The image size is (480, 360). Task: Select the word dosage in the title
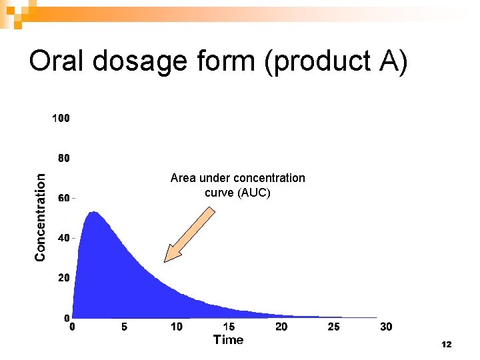click(141, 62)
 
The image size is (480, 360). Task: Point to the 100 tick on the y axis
click(61, 119)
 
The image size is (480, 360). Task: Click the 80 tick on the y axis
click(63, 159)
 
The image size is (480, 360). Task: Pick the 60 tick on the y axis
click(63, 198)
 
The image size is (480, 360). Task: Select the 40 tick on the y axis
click(63, 238)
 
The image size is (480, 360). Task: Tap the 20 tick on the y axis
click(63, 278)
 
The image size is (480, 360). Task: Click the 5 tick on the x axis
click(125, 327)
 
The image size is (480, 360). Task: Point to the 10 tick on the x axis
click(177, 327)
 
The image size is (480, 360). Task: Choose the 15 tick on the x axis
click(229, 327)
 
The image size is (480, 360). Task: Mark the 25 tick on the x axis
click(334, 327)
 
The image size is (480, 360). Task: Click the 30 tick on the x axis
click(386, 327)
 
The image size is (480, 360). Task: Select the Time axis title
click(228, 340)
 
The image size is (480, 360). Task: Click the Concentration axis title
click(41, 217)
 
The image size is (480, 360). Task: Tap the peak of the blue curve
click(94, 213)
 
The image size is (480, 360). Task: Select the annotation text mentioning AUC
click(237, 185)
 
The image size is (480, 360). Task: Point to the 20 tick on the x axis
click(281, 327)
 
